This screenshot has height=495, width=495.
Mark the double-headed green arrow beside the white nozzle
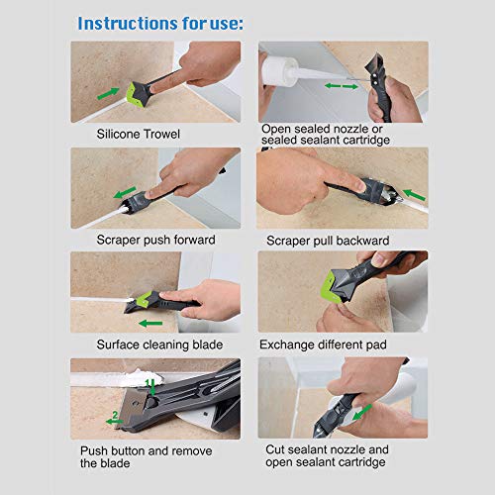click(x=341, y=87)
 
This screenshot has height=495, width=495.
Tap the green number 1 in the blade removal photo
click(x=148, y=381)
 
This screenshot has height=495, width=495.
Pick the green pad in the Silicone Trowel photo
click(x=138, y=92)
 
